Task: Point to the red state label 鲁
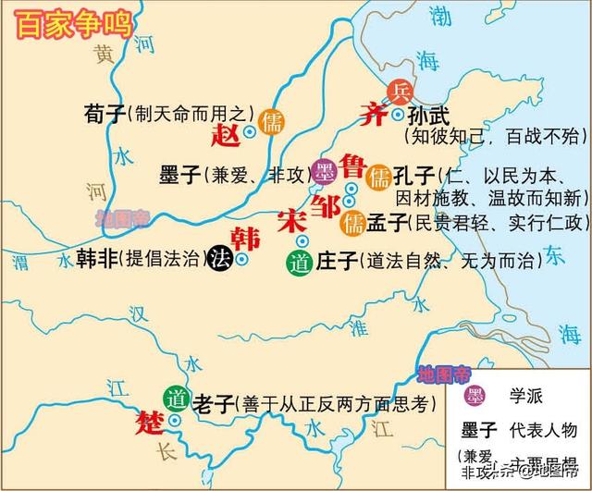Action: pos(352,166)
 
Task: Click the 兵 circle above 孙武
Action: pos(401,92)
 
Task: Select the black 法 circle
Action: pos(220,259)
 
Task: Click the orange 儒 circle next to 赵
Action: pos(272,123)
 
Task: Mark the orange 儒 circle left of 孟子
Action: pos(352,222)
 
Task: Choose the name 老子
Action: pos(212,402)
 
